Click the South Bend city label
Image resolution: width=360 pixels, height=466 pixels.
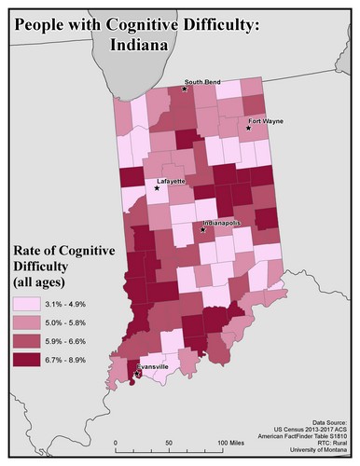[x=202, y=82]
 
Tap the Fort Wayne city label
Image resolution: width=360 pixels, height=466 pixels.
[x=266, y=121]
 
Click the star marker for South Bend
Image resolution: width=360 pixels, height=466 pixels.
[x=186, y=89]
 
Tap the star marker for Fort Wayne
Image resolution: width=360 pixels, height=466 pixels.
[x=249, y=130]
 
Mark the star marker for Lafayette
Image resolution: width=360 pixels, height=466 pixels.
[x=157, y=188]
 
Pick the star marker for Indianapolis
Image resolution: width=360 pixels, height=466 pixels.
[x=202, y=229]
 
